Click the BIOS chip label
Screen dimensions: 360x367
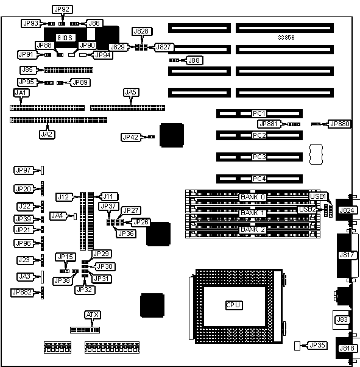click(x=65, y=38)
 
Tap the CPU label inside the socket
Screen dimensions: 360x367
click(x=234, y=305)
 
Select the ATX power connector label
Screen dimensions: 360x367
click(x=93, y=315)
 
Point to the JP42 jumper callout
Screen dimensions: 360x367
click(x=131, y=137)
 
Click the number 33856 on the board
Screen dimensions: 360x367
click(x=286, y=37)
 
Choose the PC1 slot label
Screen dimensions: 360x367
click(x=259, y=113)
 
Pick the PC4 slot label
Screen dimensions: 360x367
click(x=259, y=179)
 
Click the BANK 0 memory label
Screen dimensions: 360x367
click(x=253, y=197)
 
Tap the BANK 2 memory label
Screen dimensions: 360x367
click(x=253, y=229)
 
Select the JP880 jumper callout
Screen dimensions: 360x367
click(x=340, y=124)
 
